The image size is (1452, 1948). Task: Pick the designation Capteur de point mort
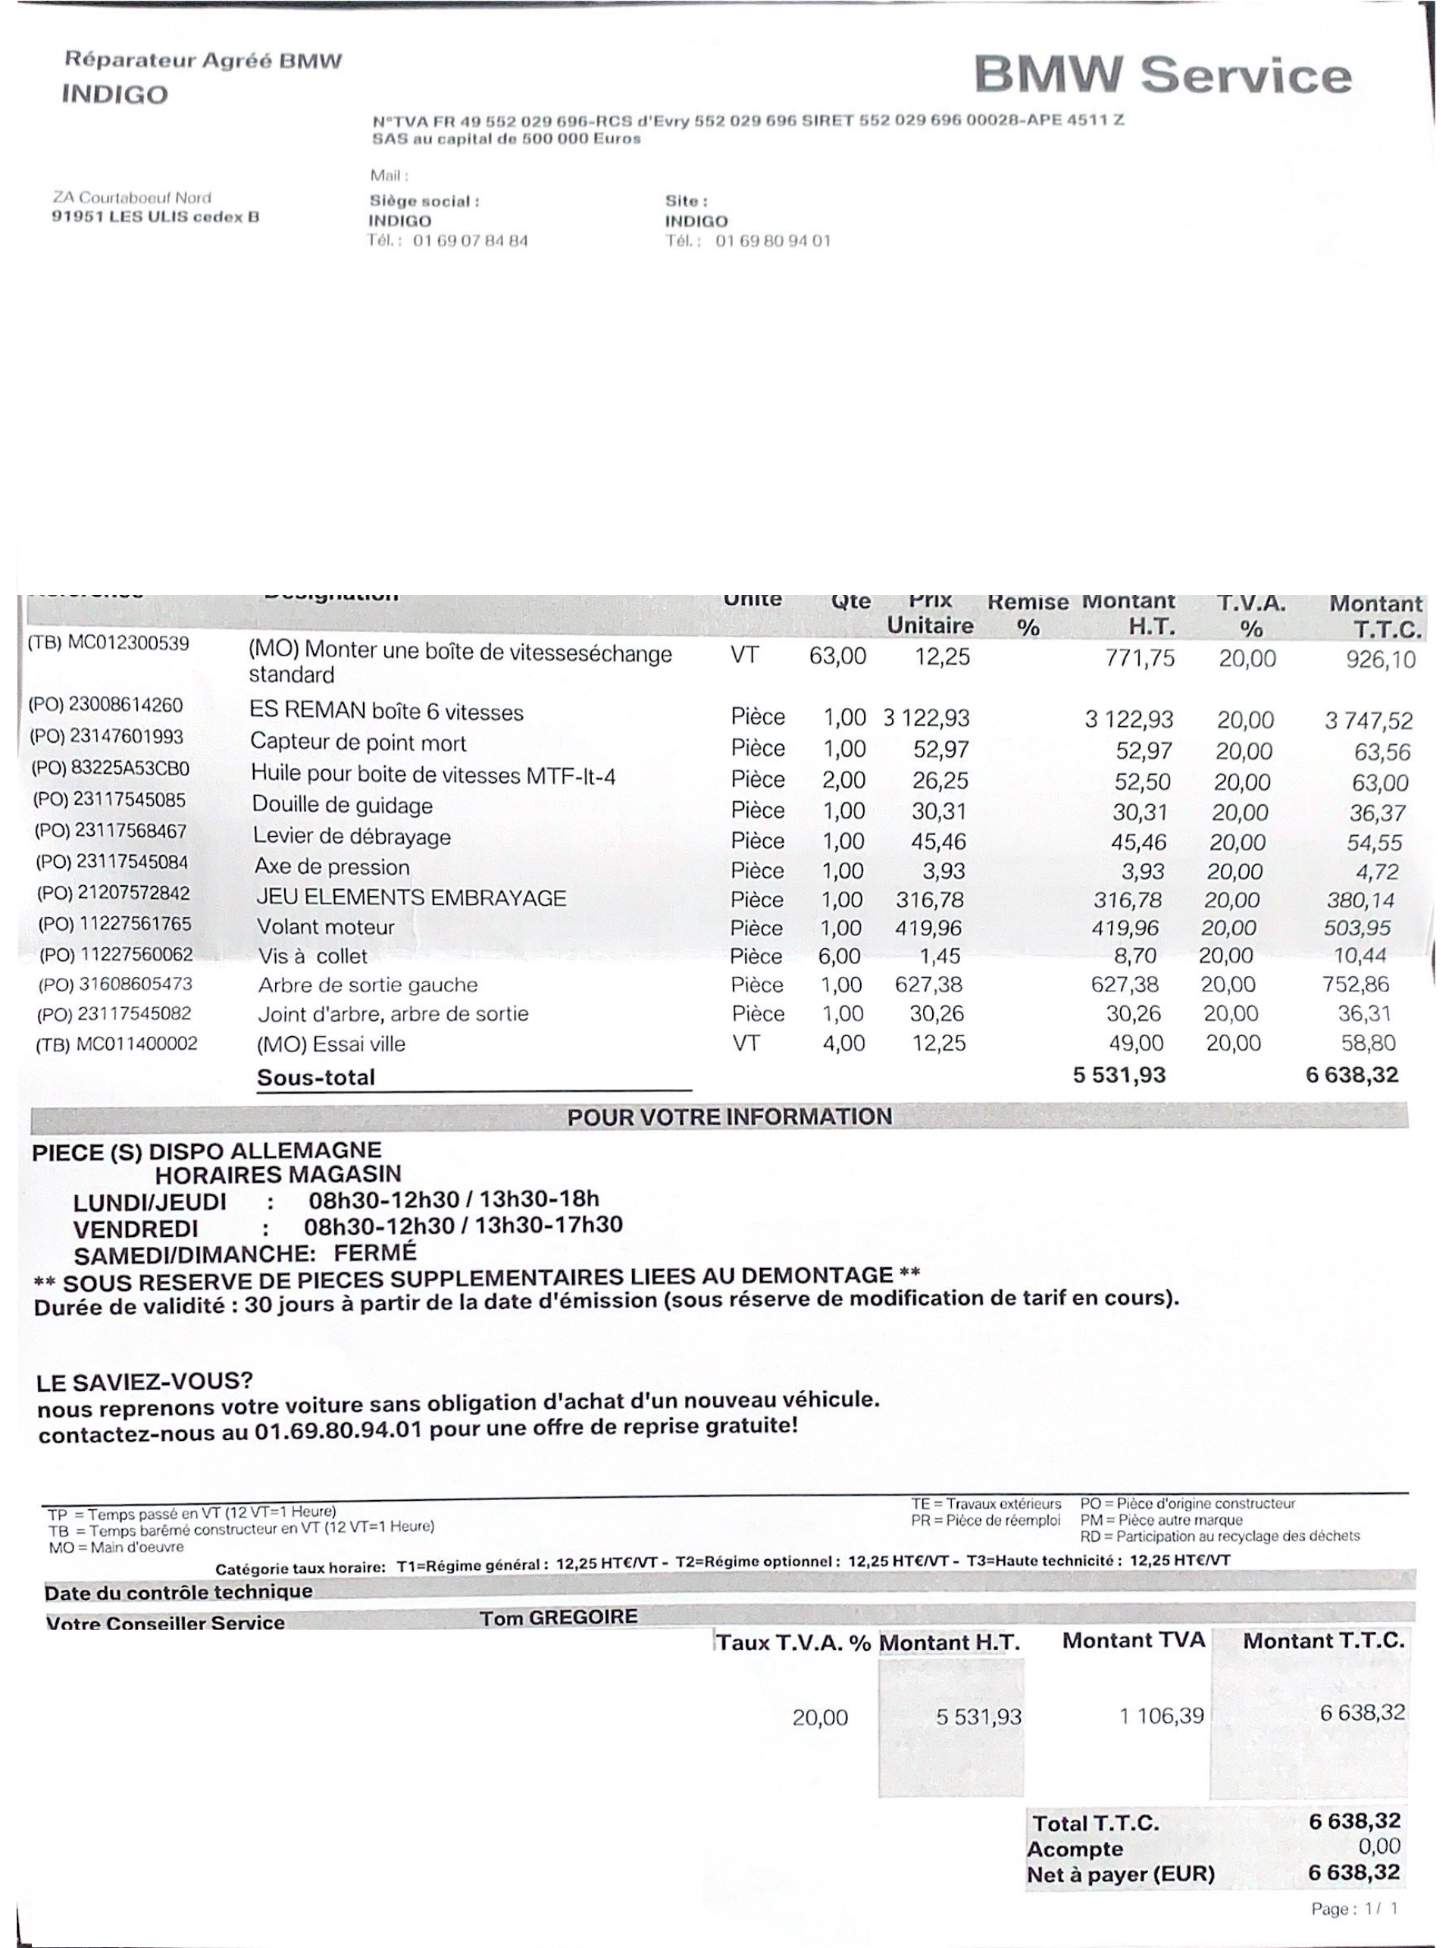pos(358,743)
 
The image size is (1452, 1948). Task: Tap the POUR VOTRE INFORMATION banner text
pos(730,1117)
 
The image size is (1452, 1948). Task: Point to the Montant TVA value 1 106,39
pos(1161,1715)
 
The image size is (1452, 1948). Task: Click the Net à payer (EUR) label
pos(1121,1874)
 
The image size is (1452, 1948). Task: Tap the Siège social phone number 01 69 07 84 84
pos(470,241)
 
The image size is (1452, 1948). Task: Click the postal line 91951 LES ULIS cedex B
pos(155,217)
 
